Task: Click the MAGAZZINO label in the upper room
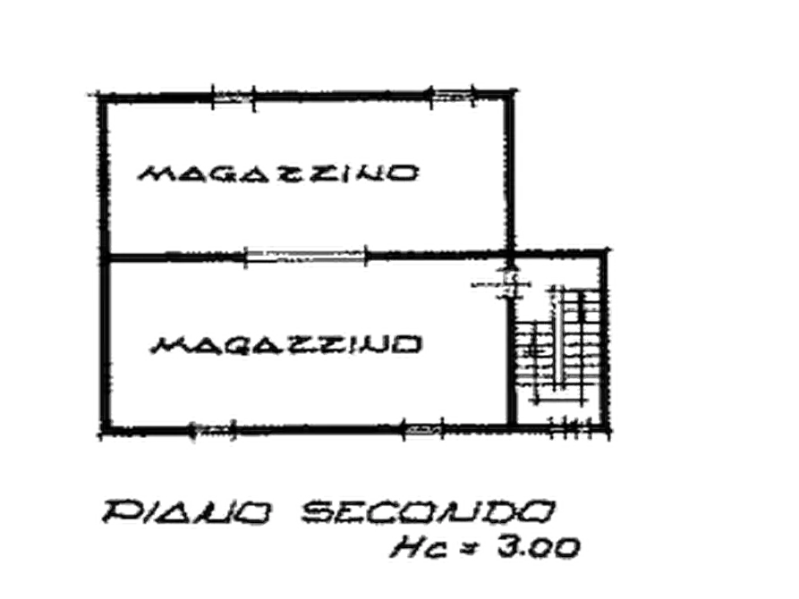278,173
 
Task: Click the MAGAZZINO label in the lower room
285,345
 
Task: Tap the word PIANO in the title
186,512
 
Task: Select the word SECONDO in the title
427,512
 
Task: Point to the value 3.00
539,547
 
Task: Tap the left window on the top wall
233,97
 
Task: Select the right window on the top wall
453,95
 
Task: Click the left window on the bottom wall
213,431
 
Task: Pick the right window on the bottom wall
423,430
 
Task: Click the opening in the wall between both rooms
305,255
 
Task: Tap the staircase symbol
558,345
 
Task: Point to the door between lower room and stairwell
507,283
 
